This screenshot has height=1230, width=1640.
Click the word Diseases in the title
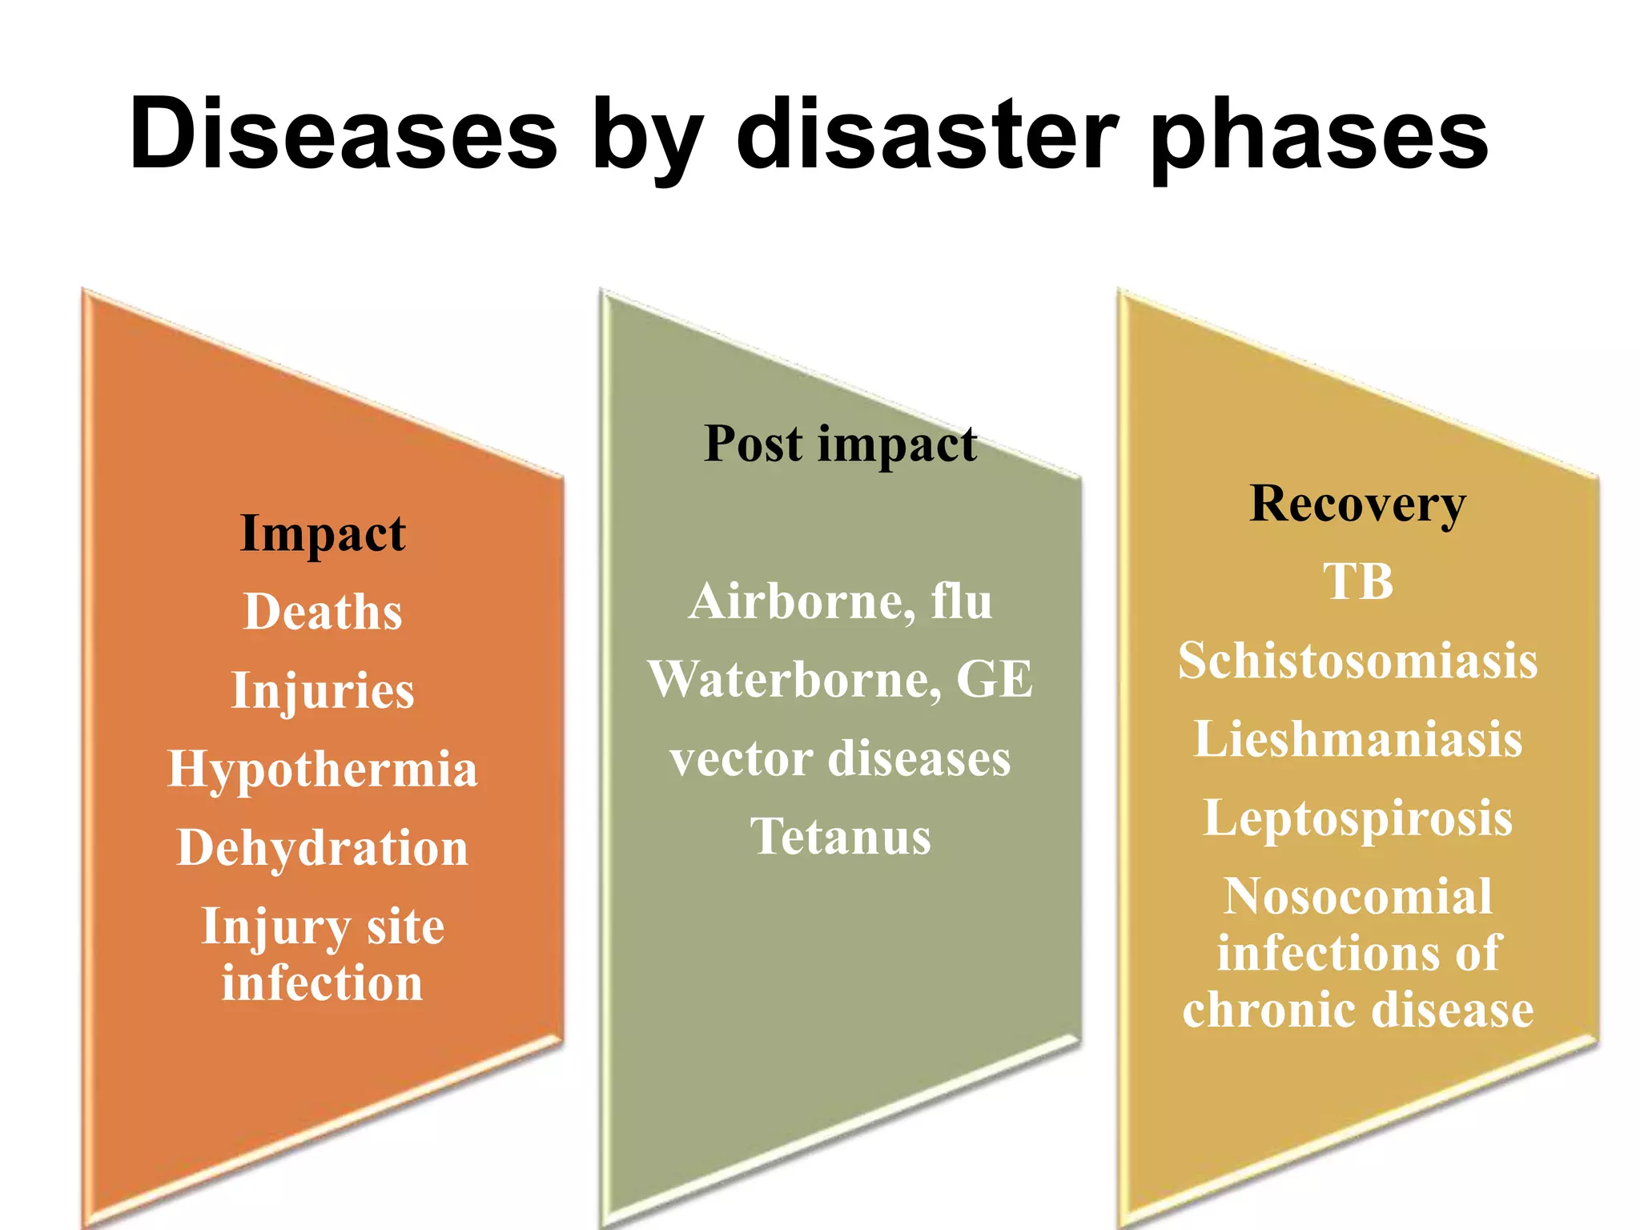point(343,134)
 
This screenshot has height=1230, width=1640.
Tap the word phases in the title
point(1319,136)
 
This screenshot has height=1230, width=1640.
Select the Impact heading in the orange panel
point(323,533)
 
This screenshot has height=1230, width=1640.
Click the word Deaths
point(323,612)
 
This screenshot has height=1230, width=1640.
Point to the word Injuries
point(323,690)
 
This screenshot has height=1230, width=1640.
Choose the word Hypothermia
point(323,769)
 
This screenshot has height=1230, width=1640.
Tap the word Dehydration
point(323,847)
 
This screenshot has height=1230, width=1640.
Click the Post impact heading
point(840,444)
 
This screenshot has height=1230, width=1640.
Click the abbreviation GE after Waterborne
point(995,679)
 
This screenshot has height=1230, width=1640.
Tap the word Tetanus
point(840,837)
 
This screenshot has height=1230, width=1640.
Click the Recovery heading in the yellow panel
point(1357,504)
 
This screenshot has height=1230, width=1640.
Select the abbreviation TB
point(1357,581)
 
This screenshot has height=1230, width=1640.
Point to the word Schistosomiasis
point(1357,661)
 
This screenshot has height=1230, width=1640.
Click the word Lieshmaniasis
point(1357,738)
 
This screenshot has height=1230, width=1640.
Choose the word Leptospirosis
point(1357,818)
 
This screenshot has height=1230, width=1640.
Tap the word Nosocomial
point(1357,895)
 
